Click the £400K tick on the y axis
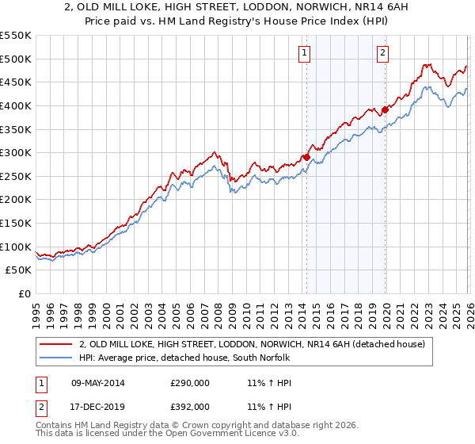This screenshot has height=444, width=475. point(16,105)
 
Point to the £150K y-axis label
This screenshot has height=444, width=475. point(16,223)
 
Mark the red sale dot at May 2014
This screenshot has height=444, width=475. point(306,157)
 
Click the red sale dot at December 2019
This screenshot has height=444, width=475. point(386,109)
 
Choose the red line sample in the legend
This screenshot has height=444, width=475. point(57,344)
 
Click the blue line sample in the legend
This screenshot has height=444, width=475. point(57,358)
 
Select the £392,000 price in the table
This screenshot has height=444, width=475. point(190,406)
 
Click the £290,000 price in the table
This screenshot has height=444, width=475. point(190,383)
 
